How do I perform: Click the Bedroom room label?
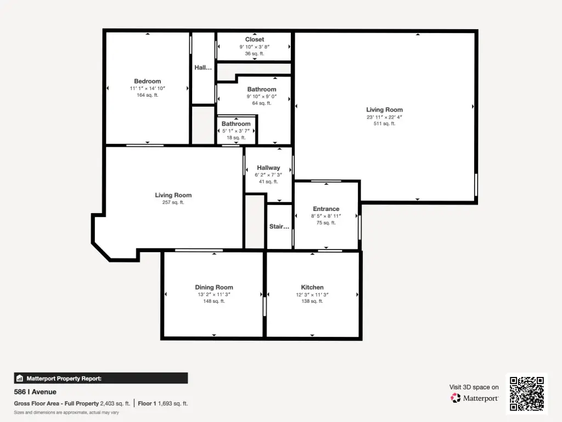click(x=147, y=81)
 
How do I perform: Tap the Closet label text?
click(x=255, y=40)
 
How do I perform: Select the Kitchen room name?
click(x=312, y=287)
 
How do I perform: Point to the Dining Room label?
click(x=214, y=287)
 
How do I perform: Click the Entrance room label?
click(x=326, y=209)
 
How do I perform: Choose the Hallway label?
click(x=268, y=168)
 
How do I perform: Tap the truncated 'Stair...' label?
click(x=279, y=226)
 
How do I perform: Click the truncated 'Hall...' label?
click(x=203, y=68)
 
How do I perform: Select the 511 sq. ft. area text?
click(x=385, y=124)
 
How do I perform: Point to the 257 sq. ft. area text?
click(x=173, y=202)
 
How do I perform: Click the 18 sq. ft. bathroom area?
click(x=236, y=138)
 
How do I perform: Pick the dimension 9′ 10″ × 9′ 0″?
click(x=262, y=97)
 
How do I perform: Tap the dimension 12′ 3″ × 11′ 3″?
click(x=312, y=295)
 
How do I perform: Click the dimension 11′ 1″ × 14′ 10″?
click(x=147, y=88)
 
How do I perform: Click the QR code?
click(x=527, y=393)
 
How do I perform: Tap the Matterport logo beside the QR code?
click(x=474, y=398)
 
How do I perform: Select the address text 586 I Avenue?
click(x=35, y=392)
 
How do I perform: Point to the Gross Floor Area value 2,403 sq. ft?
click(x=115, y=404)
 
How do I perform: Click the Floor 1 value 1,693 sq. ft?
click(x=173, y=404)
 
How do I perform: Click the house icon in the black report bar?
click(x=20, y=378)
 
